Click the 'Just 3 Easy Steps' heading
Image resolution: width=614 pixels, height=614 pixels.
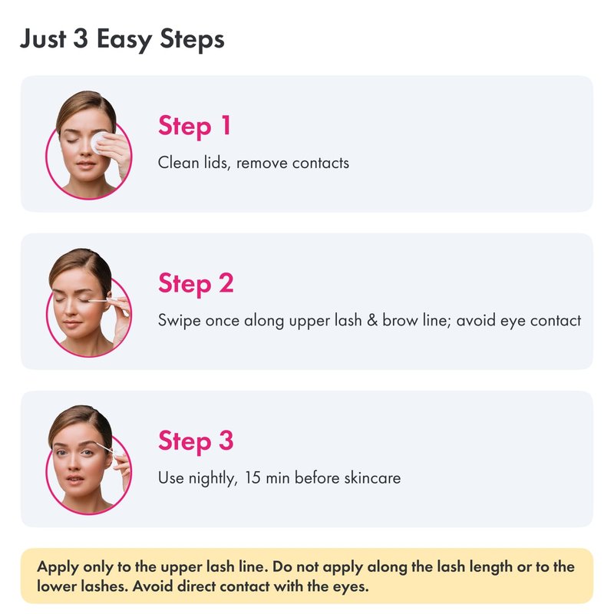point(122,40)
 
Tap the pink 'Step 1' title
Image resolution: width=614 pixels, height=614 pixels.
point(195,126)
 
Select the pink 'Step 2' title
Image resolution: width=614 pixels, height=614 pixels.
point(196,283)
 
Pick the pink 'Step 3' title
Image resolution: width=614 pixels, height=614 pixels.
point(196,441)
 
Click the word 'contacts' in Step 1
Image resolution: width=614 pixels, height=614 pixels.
point(320,163)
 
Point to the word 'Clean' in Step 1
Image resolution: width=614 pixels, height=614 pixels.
point(179,163)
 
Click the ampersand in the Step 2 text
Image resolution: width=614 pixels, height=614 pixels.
point(372,320)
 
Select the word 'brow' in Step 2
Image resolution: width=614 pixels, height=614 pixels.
point(400,320)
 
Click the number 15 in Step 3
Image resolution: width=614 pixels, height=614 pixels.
point(253,477)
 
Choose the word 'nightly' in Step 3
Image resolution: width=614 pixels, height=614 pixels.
point(213,478)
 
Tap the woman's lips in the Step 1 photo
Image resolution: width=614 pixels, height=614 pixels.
point(85,163)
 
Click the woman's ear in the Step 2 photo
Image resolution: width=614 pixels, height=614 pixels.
point(108,299)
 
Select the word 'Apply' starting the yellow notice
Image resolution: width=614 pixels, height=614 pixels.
point(58,567)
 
